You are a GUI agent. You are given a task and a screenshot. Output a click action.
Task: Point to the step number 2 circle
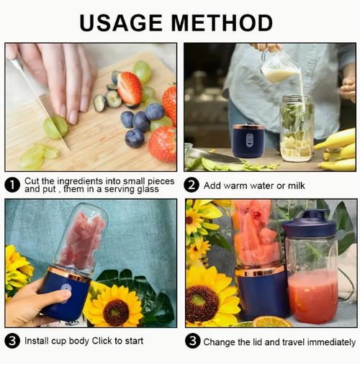tap(191, 185)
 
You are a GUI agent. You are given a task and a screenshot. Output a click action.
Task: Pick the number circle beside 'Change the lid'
tap(191, 341)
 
